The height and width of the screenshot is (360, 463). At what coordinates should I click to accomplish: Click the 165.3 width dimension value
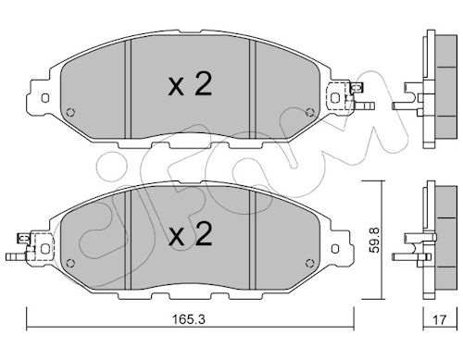(188, 319)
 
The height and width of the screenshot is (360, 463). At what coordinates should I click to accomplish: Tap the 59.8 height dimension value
(374, 241)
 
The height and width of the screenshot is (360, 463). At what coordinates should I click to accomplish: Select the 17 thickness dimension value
(439, 320)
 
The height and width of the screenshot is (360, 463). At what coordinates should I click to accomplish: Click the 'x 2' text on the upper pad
(190, 84)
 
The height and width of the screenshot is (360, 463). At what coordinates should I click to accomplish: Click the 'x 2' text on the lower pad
(190, 235)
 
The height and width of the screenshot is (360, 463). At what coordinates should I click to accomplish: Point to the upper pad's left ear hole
(45, 98)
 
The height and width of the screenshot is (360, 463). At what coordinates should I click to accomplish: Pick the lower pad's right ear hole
(335, 249)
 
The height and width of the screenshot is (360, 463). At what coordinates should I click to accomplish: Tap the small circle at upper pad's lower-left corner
(70, 112)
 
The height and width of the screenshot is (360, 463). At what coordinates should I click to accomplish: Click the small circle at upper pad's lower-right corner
(310, 112)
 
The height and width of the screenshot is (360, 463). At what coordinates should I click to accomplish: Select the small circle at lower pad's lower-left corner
(70, 263)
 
